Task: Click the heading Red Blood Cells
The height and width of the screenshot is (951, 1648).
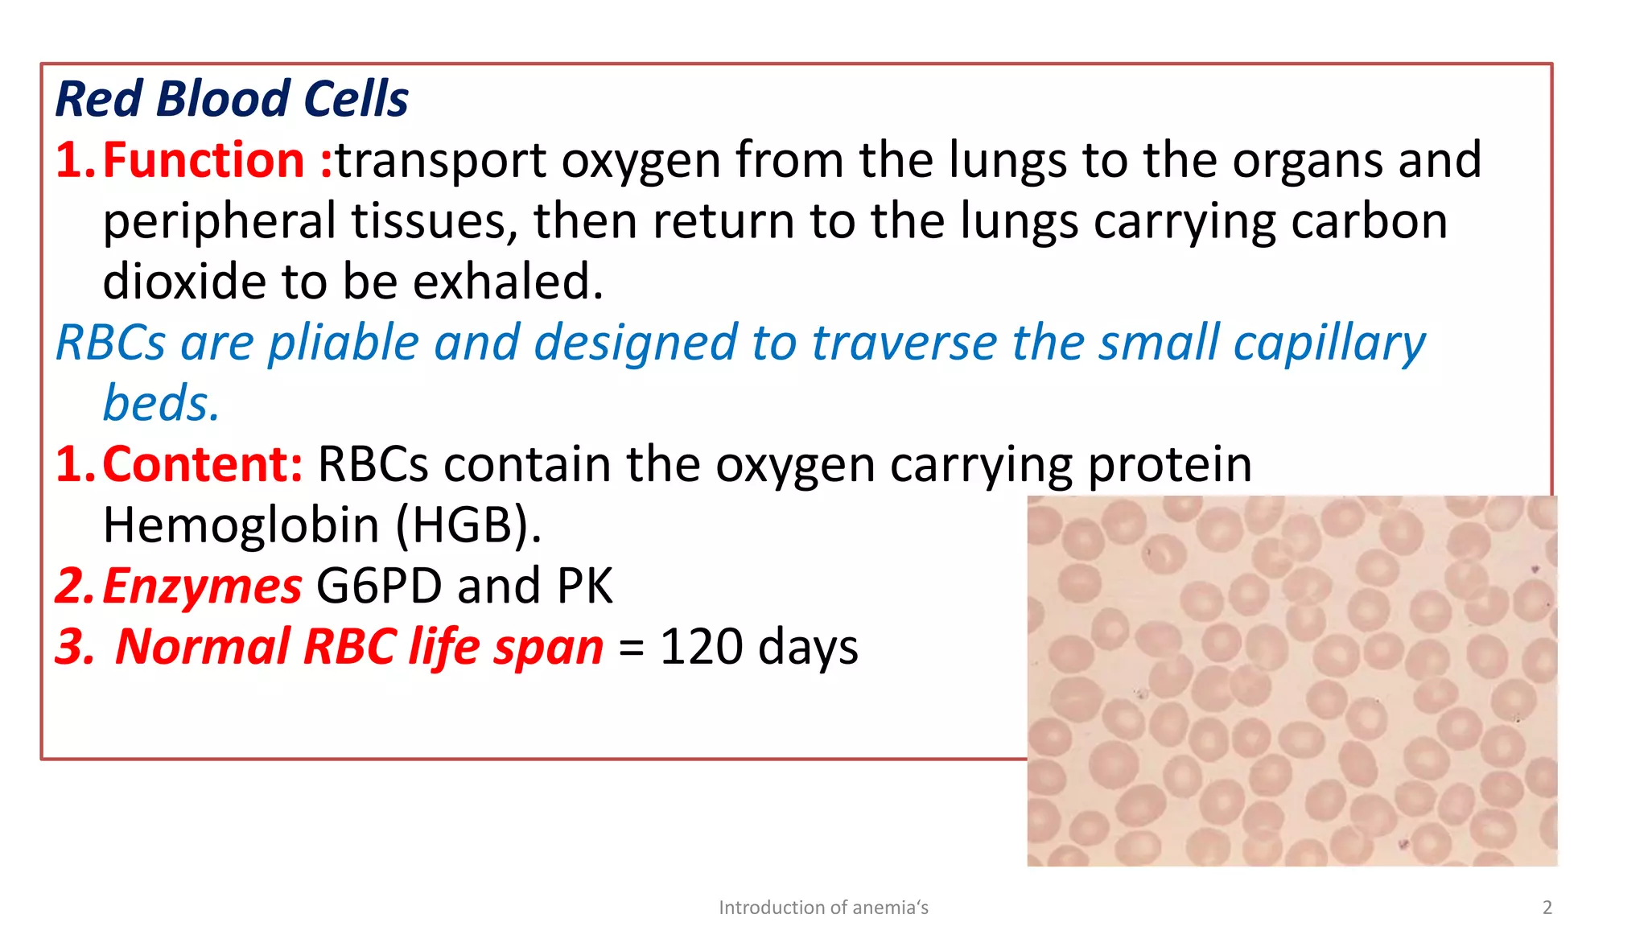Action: (232, 99)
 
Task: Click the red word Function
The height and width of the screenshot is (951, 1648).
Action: (204, 160)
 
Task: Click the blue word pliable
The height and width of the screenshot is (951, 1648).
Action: (344, 343)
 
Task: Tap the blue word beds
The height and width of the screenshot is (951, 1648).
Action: (160, 403)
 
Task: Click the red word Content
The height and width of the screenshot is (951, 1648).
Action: (202, 464)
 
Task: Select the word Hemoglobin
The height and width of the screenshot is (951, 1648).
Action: (241, 525)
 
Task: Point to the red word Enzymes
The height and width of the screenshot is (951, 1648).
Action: (202, 586)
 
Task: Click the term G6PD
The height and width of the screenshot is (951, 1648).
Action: (379, 586)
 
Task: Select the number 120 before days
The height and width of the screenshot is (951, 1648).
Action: (701, 647)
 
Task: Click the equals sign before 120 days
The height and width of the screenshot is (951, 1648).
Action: (632, 648)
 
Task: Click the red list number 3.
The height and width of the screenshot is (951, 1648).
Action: (73, 647)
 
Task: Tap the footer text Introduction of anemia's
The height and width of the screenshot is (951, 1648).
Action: (823, 908)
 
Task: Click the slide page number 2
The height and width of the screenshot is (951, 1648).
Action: (1547, 908)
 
